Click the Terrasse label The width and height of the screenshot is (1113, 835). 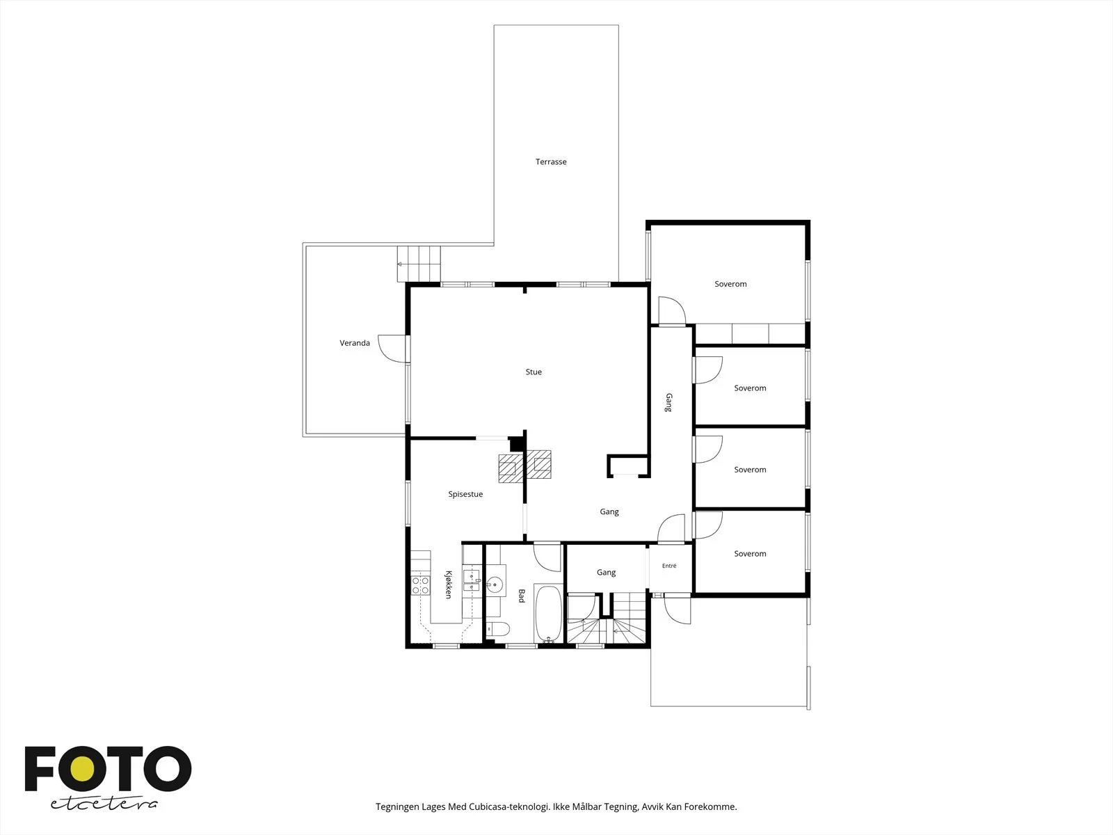(x=551, y=161)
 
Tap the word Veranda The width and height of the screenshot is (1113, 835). (x=355, y=343)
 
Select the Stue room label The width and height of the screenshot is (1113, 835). (x=534, y=372)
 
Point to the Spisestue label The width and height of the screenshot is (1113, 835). (x=465, y=494)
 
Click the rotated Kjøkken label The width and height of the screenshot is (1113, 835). (x=448, y=584)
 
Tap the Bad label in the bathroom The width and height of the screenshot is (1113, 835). (x=521, y=596)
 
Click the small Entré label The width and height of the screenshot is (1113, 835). (x=668, y=566)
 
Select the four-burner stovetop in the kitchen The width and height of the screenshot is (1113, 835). (x=420, y=585)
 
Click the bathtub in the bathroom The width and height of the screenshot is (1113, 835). (x=549, y=614)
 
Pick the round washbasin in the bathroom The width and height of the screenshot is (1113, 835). (x=495, y=585)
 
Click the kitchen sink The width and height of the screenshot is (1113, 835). (x=471, y=580)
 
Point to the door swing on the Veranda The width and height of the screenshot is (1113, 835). (x=392, y=349)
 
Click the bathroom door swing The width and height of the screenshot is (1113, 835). (x=547, y=557)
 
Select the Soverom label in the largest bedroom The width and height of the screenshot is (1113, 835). (x=730, y=284)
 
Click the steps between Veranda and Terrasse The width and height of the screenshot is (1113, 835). (x=419, y=264)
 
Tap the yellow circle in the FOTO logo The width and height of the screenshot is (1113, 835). (x=82, y=769)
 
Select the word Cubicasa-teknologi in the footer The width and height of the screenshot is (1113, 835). (x=509, y=806)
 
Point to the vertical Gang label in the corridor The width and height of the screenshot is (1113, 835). (x=668, y=403)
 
